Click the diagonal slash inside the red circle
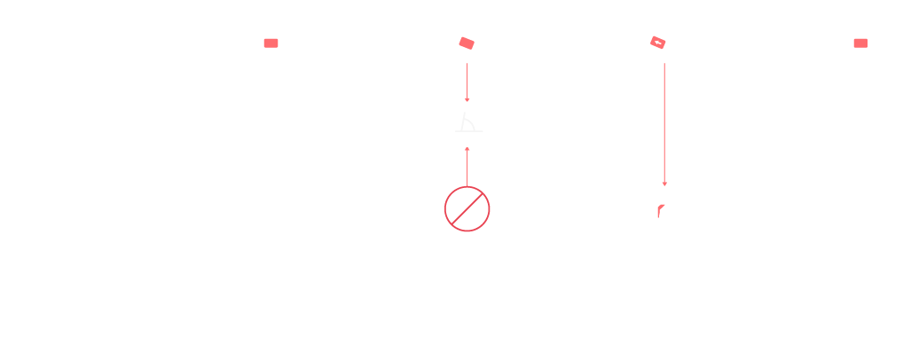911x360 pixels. pyautogui.click(x=467, y=209)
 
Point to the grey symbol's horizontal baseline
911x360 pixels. pyautogui.click(x=469, y=131)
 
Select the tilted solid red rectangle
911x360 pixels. pyautogui.click(x=467, y=43)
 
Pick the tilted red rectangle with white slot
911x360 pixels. pyautogui.click(x=657, y=43)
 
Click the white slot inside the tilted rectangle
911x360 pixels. pyautogui.click(x=657, y=42)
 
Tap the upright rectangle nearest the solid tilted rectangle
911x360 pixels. pyautogui.click(x=271, y=43)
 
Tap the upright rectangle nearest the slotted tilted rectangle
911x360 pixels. pyautogui.click(x=860, y=43)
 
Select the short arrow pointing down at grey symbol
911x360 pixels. pyautogui.click(x=467, y=82)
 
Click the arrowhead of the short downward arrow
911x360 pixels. pyautogui.click(x=467, y=99)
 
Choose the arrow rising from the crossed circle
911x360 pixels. pyautogui.click(x=467, y=167)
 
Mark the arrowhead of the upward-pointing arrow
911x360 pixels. pyautogui.click(x=467, y=149)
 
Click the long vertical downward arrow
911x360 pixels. pyautogui.click(x=664, y=124)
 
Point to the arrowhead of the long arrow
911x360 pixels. pyautogui.click(x=664, y=184)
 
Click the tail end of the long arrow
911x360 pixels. pyautogui.click(x=664, y=64)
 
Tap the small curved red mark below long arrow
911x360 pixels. pyautogui.click(x=661, y=210)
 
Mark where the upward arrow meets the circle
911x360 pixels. pyautogui.click(x=467, y=186)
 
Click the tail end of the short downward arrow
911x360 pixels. pyautogui.click(x=467, y=64)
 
